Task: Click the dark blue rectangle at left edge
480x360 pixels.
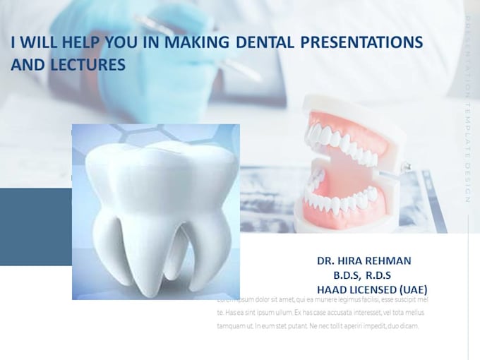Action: (x=35, y=226)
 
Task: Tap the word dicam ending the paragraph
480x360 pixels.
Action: (x=409, y=326)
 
